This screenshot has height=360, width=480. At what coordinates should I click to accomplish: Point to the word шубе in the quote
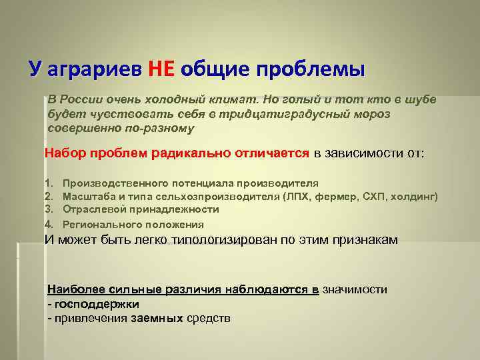click(419, 99)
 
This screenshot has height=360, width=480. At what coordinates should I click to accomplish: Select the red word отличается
click(273, 153)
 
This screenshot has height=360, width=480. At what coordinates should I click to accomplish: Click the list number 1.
click(48, 183)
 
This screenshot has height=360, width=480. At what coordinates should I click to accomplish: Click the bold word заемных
click(157, 318)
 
